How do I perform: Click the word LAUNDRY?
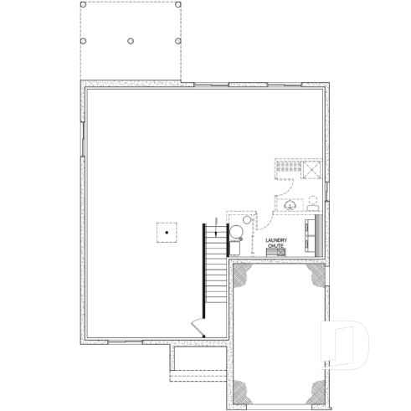point(276,240)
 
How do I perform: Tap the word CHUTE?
point(276,245)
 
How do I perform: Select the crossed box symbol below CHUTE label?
point(276,251)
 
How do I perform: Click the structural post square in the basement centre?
point(167,231)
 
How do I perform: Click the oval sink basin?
point(290,205)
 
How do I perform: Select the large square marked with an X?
point(314,168)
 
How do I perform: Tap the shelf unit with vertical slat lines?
point(287,167)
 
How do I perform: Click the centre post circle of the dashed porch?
point(131,40)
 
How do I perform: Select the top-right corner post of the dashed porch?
point(180,3)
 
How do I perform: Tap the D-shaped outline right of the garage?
point(347,344)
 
